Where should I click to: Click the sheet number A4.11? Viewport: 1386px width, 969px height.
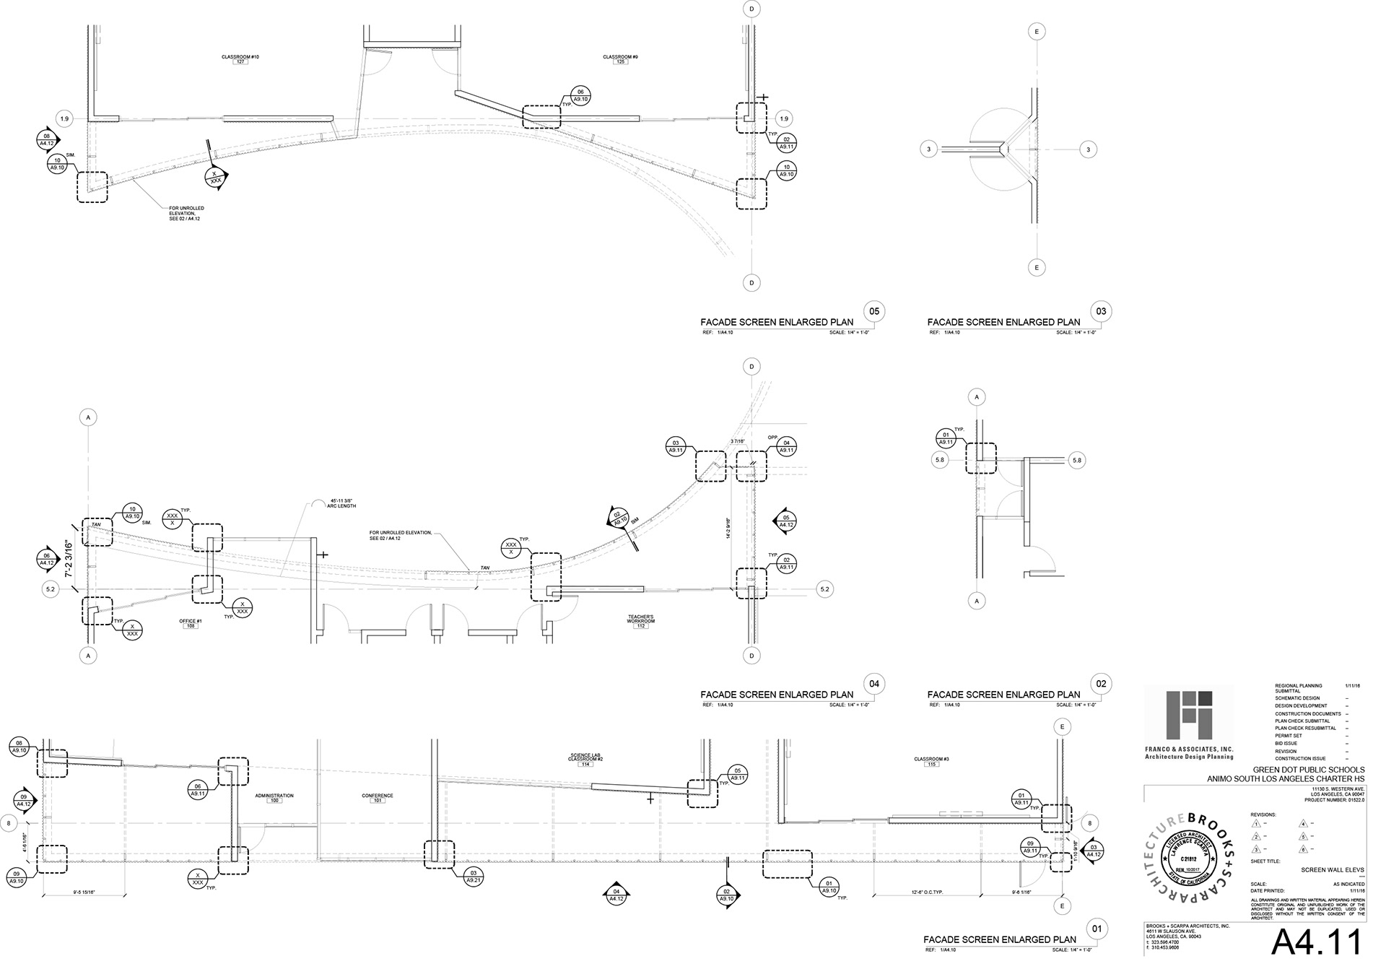[1316, 943]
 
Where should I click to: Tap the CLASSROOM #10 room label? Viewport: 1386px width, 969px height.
[240, 57]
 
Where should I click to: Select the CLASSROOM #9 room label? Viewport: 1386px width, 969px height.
[620, 57]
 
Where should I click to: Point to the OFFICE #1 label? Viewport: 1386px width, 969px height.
[191, 621]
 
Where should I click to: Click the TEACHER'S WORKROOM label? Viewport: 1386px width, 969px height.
[640, 619]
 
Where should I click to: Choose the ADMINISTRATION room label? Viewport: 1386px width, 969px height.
[274, 796]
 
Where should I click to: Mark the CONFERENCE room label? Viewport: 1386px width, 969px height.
[377, 796]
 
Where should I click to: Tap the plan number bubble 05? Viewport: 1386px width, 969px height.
[874, 311]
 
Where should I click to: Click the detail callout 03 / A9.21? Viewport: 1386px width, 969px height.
[474, 877]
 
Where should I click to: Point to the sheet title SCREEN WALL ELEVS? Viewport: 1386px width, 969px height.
[1333, 870]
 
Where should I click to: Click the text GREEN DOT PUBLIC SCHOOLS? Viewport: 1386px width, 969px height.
[1308, 770]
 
